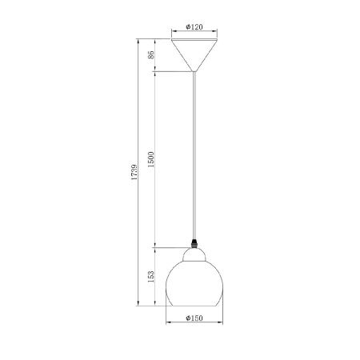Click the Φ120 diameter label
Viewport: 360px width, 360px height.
click(x=194, y=26)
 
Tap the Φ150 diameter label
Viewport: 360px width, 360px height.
click(x=194, y=318)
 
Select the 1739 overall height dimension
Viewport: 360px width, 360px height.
click(x=134, y=170)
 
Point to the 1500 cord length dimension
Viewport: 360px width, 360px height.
click(x=151, y=159)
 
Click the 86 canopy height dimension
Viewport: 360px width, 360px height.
click(x=151, y=54)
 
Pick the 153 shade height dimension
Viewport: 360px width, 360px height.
click(x=151, y=277)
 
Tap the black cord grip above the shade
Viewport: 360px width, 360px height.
click(x=194, y=243)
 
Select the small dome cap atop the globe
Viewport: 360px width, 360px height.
click(x=194, y=254)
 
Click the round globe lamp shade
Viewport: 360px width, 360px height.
click(x=194, y=283)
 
